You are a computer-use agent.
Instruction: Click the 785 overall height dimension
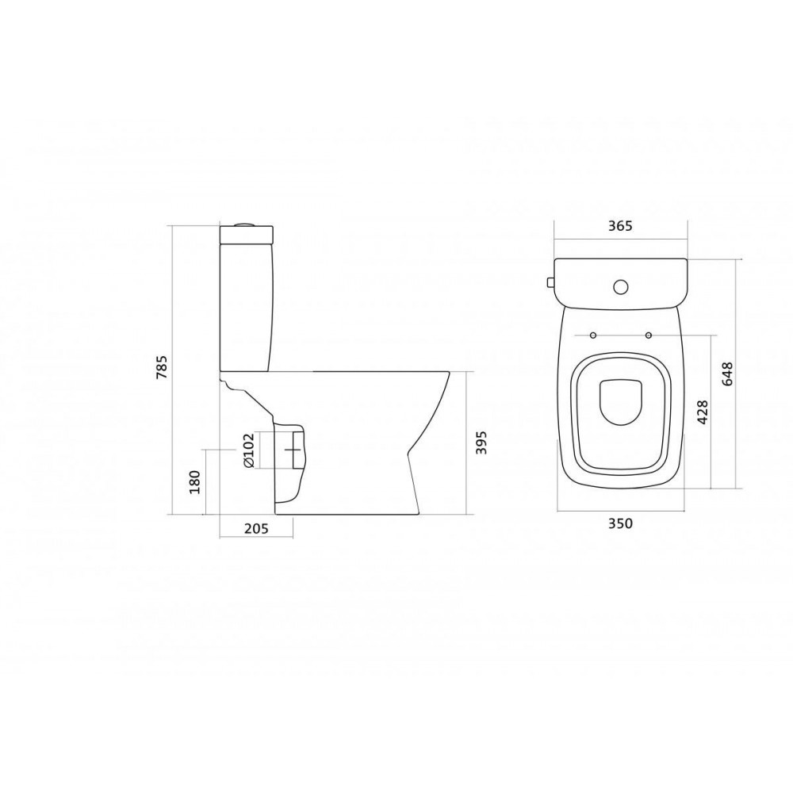point(163,368)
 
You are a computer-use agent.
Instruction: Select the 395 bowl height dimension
point(481,442)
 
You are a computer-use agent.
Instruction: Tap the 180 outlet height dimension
point(195,482)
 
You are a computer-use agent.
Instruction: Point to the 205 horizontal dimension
point(256,528)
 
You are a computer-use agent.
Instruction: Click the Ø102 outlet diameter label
point(248,450)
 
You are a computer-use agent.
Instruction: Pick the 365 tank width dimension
point(621,225)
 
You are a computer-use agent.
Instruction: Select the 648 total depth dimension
point(727,374)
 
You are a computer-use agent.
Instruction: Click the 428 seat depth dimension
point(703,412)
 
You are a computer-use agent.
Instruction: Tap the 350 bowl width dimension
point(621,523)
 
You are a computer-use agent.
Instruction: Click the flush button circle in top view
point(621,287)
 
